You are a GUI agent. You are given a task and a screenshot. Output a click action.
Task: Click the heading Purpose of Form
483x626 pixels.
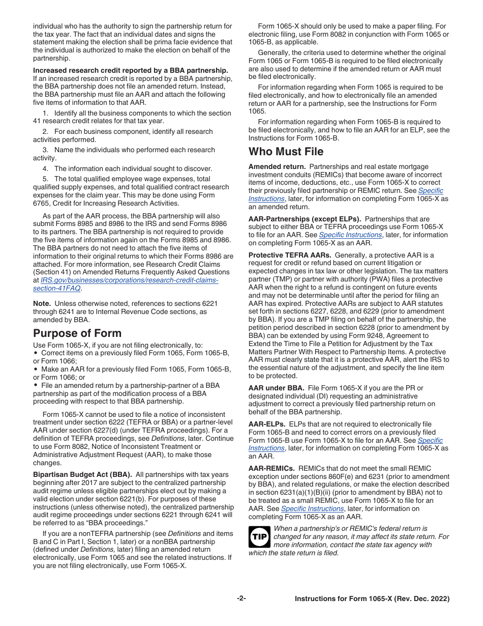click(x=77, y=333)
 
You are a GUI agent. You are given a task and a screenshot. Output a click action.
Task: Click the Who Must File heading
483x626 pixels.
click(x=286, y=152)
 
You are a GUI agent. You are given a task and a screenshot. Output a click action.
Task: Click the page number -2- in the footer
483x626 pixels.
click(x=242, y=599)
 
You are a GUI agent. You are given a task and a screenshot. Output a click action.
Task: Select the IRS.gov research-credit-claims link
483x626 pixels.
click(x=129, y=280)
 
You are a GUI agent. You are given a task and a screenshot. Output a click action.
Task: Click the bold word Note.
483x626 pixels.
click(x=42, y=303)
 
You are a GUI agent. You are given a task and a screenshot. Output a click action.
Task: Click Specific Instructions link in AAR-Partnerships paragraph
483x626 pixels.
click(x=350, y=235)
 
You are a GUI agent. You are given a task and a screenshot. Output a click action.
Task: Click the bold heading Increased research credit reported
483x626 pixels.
click(x=131, y=70)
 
